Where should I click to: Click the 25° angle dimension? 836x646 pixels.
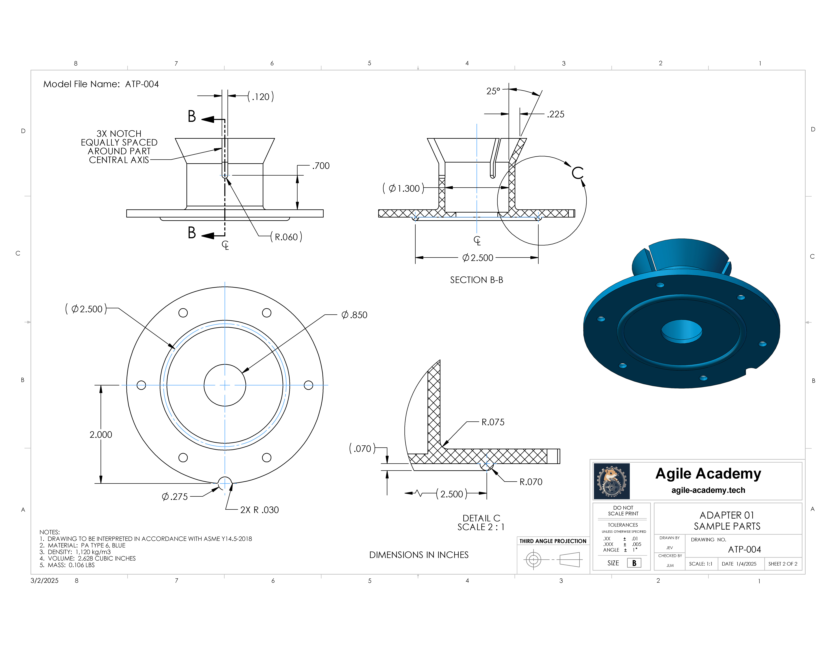pyautogui.click(x=493, y=91)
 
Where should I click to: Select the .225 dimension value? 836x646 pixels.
pyautogui.click(x=555, y=114)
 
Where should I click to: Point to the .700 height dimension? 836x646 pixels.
pyautogui.click(x=321, y=166)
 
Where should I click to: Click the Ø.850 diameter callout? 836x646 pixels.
pyautogui.click(x=354, y=315)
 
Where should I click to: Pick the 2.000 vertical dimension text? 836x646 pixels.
pyautogui.click(x=101, y=435)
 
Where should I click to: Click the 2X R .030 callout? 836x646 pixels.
pyautogui.click(x=260, y=510)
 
